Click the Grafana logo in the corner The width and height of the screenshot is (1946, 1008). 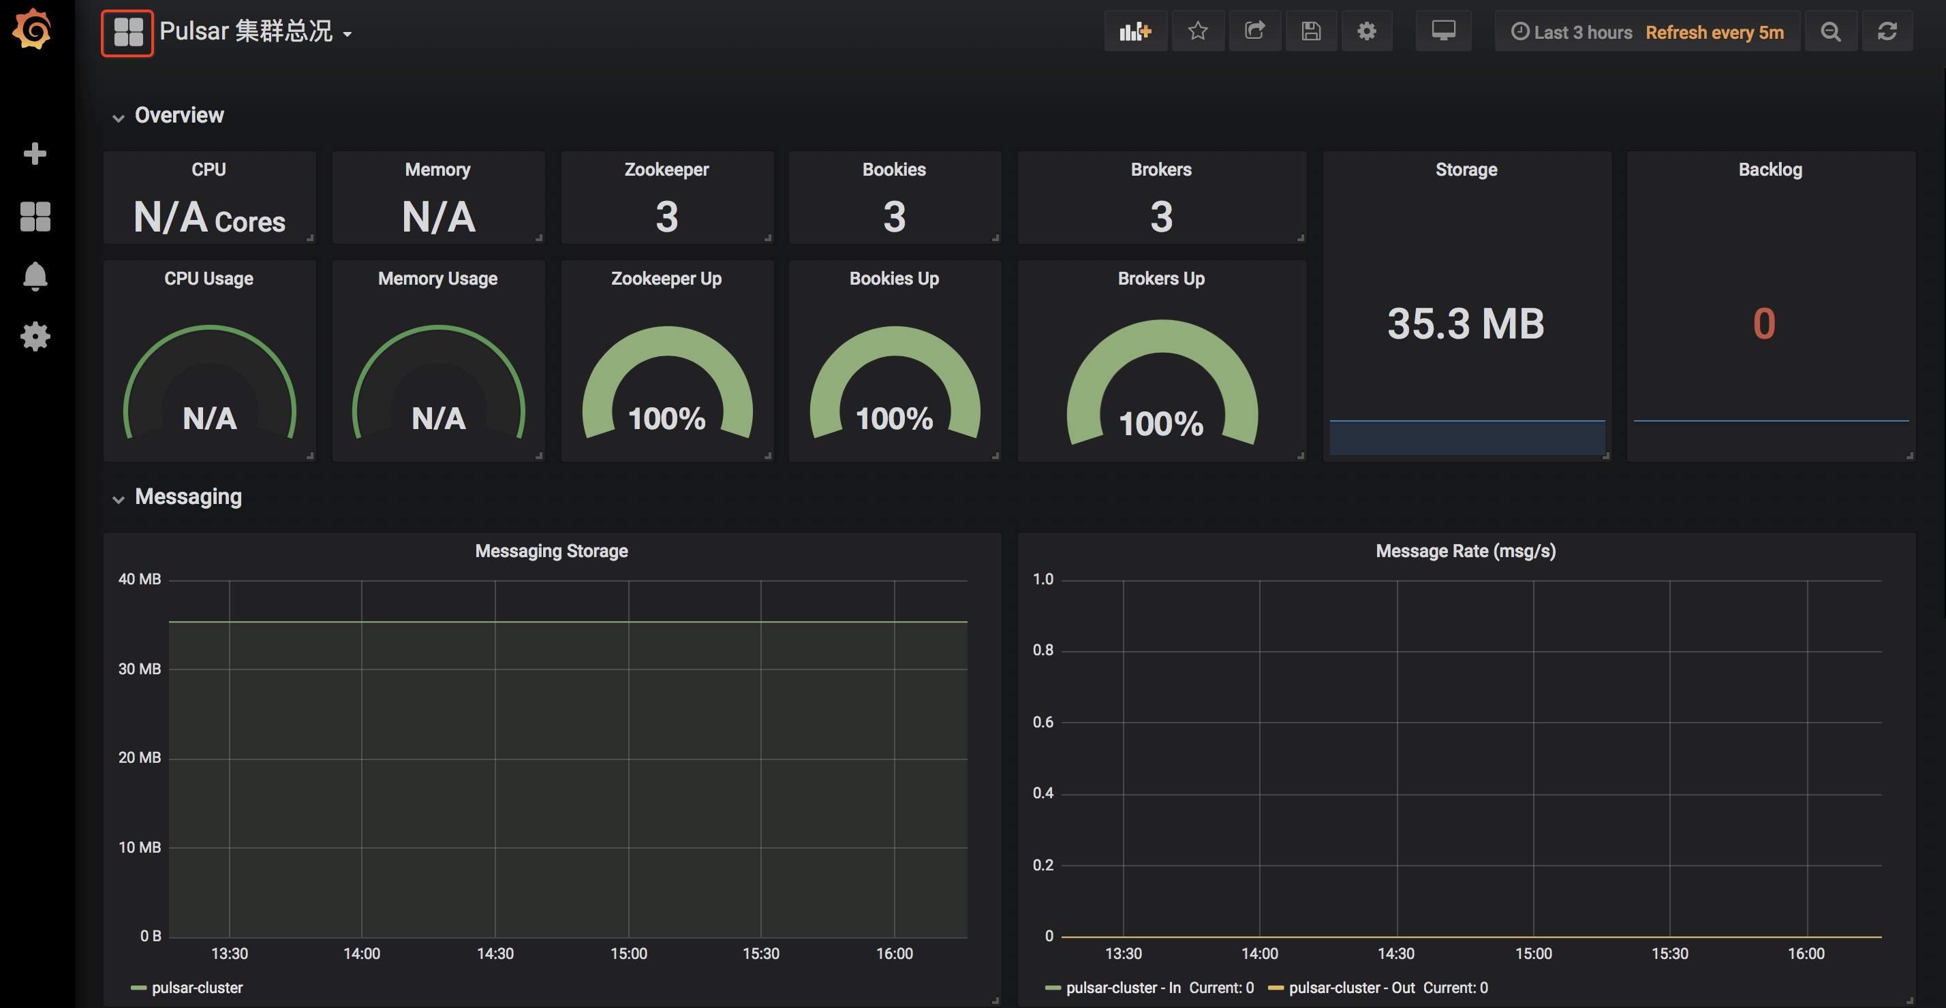coord(33,30)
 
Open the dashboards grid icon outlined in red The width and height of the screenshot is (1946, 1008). coord(127,33)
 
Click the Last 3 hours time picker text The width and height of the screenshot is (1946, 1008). coord(1582,33)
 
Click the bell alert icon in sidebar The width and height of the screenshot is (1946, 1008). coord(35,277)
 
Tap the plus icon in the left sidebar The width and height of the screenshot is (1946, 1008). coord(35,153)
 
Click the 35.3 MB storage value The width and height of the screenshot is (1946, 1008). coord(1466,324)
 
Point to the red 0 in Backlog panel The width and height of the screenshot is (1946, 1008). coord(1764,324)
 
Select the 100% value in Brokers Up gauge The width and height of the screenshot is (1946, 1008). coord(1161,424)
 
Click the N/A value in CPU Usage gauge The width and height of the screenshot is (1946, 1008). coord(209,418)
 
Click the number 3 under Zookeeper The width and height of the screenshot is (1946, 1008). coord(666,217)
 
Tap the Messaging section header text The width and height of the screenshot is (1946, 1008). coord(188,497)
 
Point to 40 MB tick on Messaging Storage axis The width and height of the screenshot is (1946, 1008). coord(140,579)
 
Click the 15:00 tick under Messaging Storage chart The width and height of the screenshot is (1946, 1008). coord(628,954)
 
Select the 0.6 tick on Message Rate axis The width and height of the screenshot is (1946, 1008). coord(1042,722)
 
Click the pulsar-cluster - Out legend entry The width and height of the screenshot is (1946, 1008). coord(1350,988)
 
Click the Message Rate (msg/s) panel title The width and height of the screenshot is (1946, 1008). coord(1465,551)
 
